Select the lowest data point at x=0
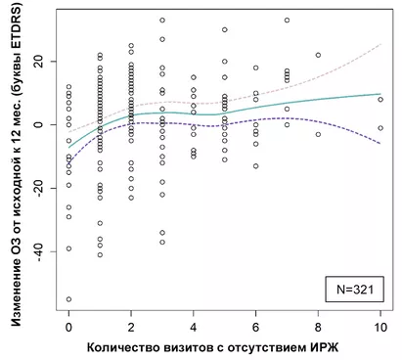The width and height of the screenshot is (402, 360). click(x=68, y=299)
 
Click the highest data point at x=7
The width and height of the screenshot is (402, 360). click(x=287, y=20)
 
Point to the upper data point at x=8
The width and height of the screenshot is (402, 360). click(x=318, y=55)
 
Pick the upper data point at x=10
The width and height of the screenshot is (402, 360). click(x=380, y=99)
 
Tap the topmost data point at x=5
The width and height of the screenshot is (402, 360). click(x=225, y=29)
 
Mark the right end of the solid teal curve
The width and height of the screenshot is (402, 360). click(x=380, y=94)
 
